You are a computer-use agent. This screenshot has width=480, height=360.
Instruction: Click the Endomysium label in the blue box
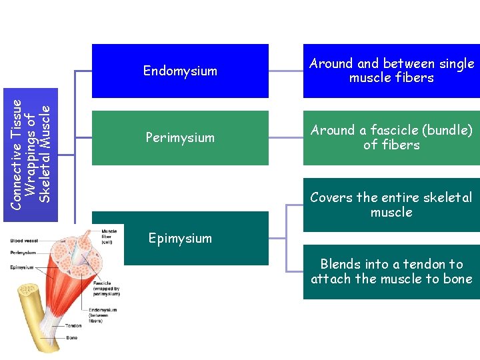point(180,71)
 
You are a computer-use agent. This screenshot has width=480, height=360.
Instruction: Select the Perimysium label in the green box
point(180,137)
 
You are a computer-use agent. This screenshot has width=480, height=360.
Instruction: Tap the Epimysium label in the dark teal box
point(180,238)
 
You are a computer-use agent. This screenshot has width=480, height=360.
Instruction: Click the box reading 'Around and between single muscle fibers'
point(391,71)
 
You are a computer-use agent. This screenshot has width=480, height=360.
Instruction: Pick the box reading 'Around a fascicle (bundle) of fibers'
point(391,137)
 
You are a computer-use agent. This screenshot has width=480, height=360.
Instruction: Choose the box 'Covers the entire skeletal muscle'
point(391,205)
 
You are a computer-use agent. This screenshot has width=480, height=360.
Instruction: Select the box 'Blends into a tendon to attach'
point(391,271)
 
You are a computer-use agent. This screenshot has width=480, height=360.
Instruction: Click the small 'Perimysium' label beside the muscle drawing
point(23,253)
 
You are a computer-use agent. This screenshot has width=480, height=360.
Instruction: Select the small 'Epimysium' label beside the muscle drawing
point(22,267)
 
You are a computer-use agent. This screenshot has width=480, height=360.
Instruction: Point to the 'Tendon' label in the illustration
point(73,326)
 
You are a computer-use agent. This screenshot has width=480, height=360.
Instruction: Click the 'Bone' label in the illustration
point(71,338)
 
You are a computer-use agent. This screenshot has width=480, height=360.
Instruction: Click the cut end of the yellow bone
point(27,290)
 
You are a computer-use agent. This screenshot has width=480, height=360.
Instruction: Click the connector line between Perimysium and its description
point(285,137)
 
